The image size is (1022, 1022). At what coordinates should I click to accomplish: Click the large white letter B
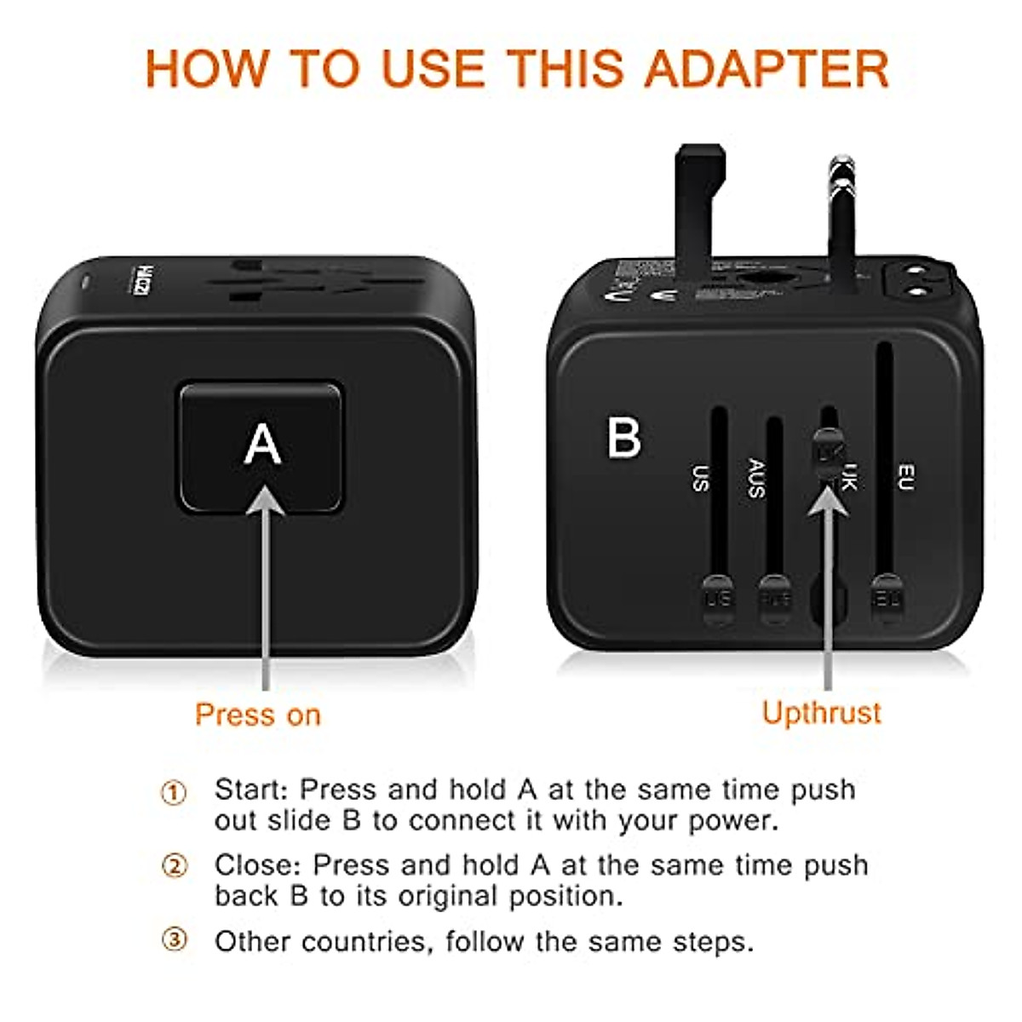pyautogui.click(x=623, y=438)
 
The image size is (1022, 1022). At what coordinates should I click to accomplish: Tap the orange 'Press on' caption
pyautogui.click(x=257, y=715)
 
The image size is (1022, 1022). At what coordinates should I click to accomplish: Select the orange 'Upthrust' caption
pyautogui.click(x=821, y=713)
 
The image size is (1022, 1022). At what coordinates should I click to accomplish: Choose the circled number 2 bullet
pyautogui.click(x=174, y=867)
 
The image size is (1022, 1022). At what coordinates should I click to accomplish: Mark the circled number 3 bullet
pyautogui.click(x=174, y=940)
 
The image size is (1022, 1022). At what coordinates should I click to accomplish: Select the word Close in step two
pyautogui.click(x=257, y=865)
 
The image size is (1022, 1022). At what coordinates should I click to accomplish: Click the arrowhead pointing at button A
pyautogui.click(x=266, y=500)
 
